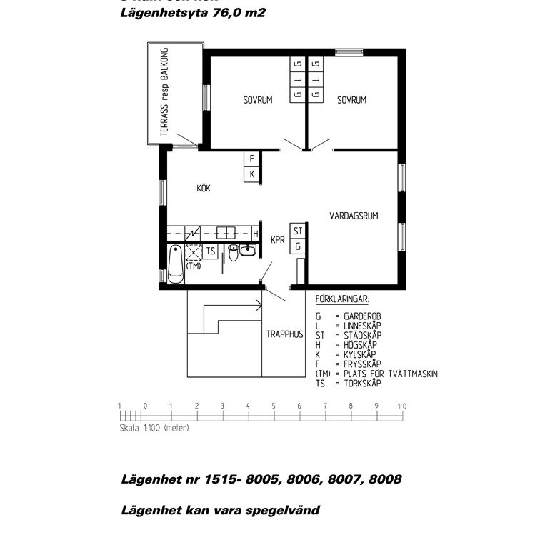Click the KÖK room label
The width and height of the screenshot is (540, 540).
(x=205, y=189)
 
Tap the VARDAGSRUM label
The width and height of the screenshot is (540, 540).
(x=353, y=215)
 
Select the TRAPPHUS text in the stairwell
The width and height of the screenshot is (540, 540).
(x=285, y=334)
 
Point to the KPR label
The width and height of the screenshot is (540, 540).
(x=278, y=241)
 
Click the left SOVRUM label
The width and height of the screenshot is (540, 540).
(x=257, y=101)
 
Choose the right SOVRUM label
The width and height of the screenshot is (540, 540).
(x=351, y=101)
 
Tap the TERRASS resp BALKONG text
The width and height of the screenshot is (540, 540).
(x=164, y=93)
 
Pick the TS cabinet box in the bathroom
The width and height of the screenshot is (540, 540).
(x=211, y=251)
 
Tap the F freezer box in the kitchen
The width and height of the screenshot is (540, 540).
(x=251, y=159)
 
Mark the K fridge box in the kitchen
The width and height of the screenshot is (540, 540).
(x=251, y=174)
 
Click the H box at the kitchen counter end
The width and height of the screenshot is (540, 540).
(x=255, y=233)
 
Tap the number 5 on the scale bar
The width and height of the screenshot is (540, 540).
(x=274, y=406)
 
